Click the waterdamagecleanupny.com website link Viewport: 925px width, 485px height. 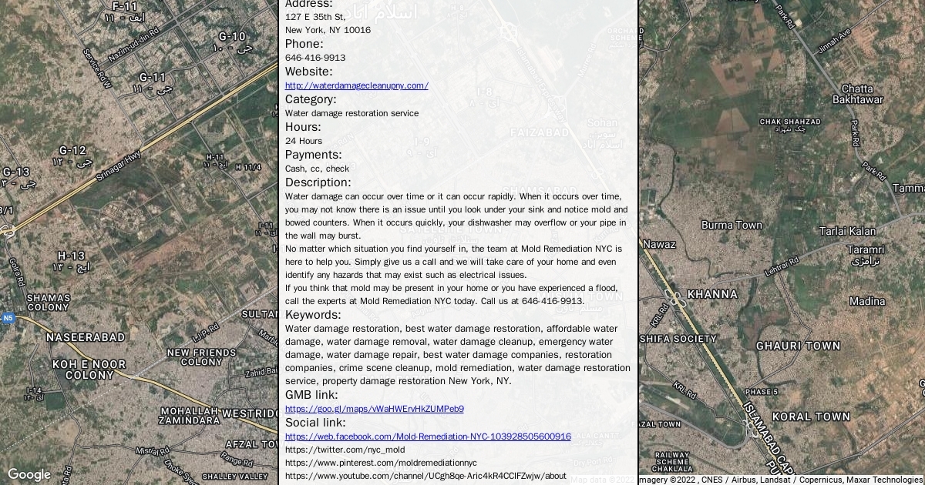[356, 85]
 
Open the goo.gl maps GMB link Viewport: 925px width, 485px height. [374, 409]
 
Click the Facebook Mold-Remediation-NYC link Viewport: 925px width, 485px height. [428, 436]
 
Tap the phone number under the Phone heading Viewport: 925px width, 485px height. [314, 58]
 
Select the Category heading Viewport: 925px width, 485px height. [311, 99]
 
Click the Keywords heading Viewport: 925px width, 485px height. [312, 315]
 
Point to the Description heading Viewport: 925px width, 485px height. [318, 182]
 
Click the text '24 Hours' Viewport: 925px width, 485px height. [304, 141]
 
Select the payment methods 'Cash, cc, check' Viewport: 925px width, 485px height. [317, 169]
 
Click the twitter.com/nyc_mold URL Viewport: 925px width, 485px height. [345, 450]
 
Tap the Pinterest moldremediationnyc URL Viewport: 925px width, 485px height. [381, 463]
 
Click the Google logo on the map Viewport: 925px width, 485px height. [29, 474]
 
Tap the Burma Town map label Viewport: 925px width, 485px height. [732, 226]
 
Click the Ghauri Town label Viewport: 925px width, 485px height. [798, 346]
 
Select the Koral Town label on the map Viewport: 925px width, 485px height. [811, 416]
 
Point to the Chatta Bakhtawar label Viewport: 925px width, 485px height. [857, 95]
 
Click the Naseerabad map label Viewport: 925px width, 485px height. [85, 337]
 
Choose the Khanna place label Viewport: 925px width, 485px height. [711, 294]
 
